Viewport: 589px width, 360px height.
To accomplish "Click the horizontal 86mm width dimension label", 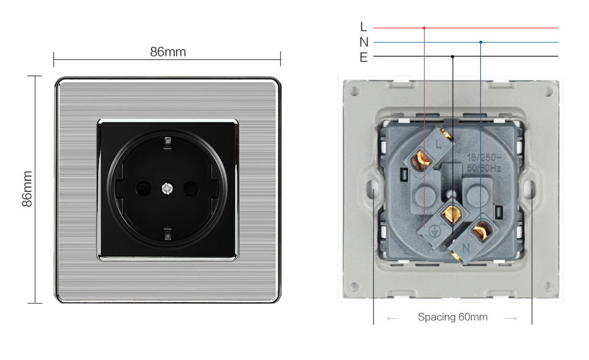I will [x=167, y=52].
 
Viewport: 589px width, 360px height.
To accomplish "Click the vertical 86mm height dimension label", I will [x=27, y=189].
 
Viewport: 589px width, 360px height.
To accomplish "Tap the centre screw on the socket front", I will [x=167, y=187].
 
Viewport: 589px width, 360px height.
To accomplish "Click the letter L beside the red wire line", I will [x=363, y=27].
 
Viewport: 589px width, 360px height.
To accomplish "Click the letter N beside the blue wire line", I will [x=363, y=42].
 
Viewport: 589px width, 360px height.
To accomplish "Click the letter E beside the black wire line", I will [x=363, y=57].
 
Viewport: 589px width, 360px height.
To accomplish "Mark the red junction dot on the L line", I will [x=424, y=28].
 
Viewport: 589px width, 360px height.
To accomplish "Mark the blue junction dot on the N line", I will [x=480, y=42].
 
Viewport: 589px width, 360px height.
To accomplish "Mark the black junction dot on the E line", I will [x=452, y=56].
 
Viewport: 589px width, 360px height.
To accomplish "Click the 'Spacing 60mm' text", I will [x=452, y=317].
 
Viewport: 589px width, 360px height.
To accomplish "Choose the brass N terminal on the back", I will [x=480, y=231].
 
